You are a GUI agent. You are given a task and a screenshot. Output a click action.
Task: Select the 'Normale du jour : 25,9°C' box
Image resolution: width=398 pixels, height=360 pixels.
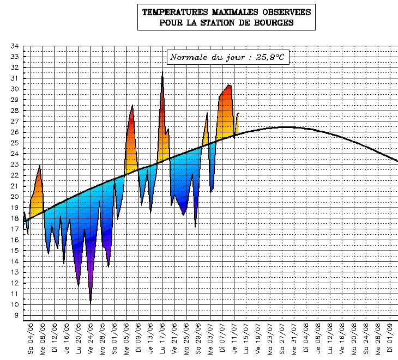(227, 57)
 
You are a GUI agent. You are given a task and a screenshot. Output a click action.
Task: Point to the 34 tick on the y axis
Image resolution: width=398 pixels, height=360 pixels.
(15, 46)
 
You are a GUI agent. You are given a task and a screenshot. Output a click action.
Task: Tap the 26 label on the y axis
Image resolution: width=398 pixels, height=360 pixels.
(15, 132)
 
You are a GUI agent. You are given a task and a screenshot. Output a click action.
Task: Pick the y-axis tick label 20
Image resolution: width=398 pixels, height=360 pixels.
(15, 197)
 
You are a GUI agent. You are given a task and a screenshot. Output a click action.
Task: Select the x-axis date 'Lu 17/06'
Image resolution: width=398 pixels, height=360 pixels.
(162, 338)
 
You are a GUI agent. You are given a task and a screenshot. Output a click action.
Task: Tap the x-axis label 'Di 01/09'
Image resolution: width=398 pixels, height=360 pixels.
(390, 338)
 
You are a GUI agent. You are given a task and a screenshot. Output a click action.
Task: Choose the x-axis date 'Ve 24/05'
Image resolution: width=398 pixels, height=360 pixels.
(91, 338)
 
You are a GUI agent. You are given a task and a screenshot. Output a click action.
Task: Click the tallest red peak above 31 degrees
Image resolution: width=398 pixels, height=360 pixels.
(162, 76)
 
